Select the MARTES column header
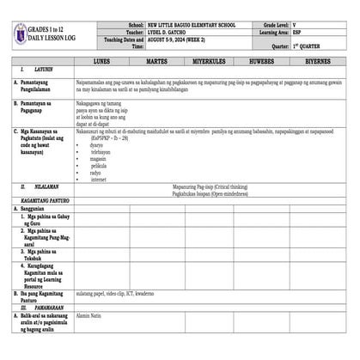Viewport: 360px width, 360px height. pos(156,63)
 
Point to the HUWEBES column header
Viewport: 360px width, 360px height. pos(262,63)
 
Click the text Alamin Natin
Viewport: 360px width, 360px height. pos(88,316)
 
